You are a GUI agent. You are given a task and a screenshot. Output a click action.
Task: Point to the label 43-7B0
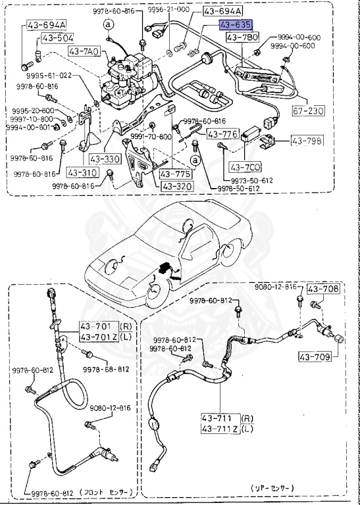coord(241,37)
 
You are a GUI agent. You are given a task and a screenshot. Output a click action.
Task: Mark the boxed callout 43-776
coord(222,134)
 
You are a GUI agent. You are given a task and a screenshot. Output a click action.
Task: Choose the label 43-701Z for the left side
coord(97,337)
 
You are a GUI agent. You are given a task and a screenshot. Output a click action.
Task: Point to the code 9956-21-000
coord(168,11)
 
